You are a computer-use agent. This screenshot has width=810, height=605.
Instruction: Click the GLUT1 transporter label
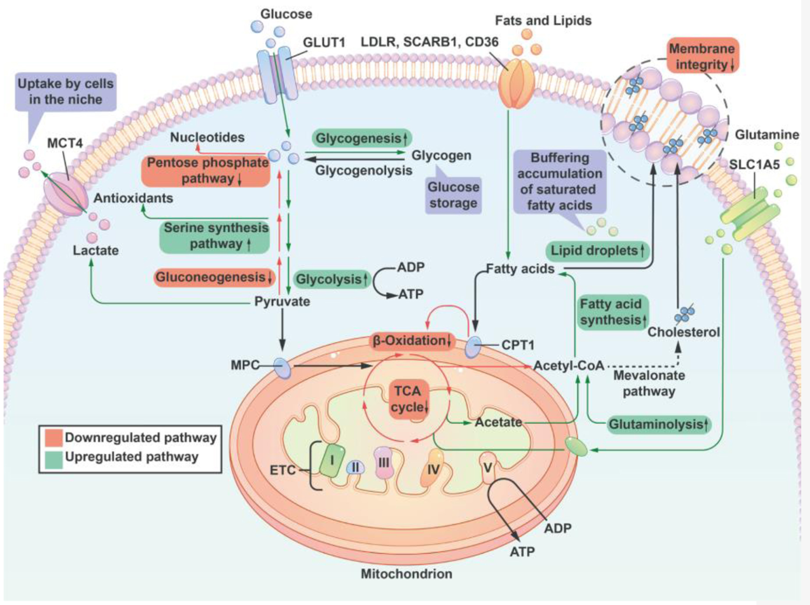coord(324,42)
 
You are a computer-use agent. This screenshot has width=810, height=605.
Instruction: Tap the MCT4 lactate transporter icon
coord(65,194)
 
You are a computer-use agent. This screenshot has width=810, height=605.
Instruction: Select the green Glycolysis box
coord(331,279)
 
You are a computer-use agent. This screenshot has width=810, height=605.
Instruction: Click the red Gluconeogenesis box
coord(214,277)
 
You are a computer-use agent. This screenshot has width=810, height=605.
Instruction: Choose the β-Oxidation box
coord(411,341)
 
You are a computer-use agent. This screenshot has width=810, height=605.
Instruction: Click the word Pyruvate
coord(282,302)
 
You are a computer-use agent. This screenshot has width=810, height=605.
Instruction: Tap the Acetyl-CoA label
coord(569,366)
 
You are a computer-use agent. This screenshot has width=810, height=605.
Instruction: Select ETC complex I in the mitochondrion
coord(332,460)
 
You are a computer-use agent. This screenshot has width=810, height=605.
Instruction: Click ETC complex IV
coord(432,468)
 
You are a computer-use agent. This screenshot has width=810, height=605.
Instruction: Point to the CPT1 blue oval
coord(473,347)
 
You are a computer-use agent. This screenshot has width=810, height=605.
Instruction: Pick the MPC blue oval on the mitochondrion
coord(282,368)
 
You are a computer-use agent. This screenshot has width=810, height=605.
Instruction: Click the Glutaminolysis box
coord(658,425)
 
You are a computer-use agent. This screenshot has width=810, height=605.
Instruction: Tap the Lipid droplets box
coord(597,251)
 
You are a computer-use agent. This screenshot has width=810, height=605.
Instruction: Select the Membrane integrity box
coord(702,56)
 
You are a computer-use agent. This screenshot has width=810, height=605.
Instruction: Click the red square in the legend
coord(54,437)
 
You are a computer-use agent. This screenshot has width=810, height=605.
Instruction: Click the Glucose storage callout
coord(453,195)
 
